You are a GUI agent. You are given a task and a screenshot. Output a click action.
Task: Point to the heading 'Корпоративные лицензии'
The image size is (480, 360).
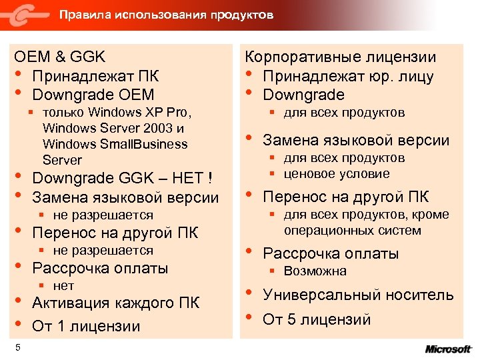(341, 57)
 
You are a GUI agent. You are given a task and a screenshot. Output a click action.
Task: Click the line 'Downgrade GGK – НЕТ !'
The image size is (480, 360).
(123, 179)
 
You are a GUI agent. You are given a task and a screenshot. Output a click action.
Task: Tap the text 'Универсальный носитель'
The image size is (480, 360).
(358, 295)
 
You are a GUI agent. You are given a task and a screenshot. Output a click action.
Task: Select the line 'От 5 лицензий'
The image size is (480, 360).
(317, 319)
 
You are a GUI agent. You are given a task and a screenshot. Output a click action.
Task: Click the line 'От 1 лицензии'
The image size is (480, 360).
(86, 326)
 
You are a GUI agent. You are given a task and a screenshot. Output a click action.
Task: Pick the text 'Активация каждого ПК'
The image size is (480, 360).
(115, 303)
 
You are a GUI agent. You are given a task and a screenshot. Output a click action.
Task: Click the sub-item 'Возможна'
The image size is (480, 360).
(315, 271)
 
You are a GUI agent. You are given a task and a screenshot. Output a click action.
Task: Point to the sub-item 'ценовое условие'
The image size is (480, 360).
(337, 174)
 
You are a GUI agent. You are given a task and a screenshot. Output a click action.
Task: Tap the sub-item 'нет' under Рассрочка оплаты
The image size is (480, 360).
(63, 286)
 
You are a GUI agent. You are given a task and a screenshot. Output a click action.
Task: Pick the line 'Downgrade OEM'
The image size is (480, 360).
(93, 95)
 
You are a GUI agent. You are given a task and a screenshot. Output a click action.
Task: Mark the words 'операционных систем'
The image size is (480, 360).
(352, 231)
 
